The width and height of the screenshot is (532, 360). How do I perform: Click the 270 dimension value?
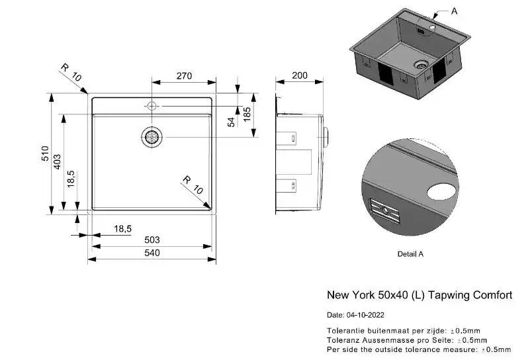tap(184, 75)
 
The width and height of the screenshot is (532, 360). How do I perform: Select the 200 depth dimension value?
tap(300, 75)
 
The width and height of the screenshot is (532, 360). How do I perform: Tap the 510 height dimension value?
tap(45, 154)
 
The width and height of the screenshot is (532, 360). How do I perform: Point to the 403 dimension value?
tap(57, 162)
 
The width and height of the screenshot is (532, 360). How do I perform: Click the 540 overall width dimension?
tap(152, 253)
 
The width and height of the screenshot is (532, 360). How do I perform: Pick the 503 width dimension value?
tap(152, 240)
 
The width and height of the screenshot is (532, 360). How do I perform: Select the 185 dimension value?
tap(247, 114)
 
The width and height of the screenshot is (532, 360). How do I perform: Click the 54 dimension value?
tap(232, 122)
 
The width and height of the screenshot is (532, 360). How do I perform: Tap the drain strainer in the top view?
tap(152, 137)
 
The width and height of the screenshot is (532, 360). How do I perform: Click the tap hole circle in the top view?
tap(152, 106)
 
